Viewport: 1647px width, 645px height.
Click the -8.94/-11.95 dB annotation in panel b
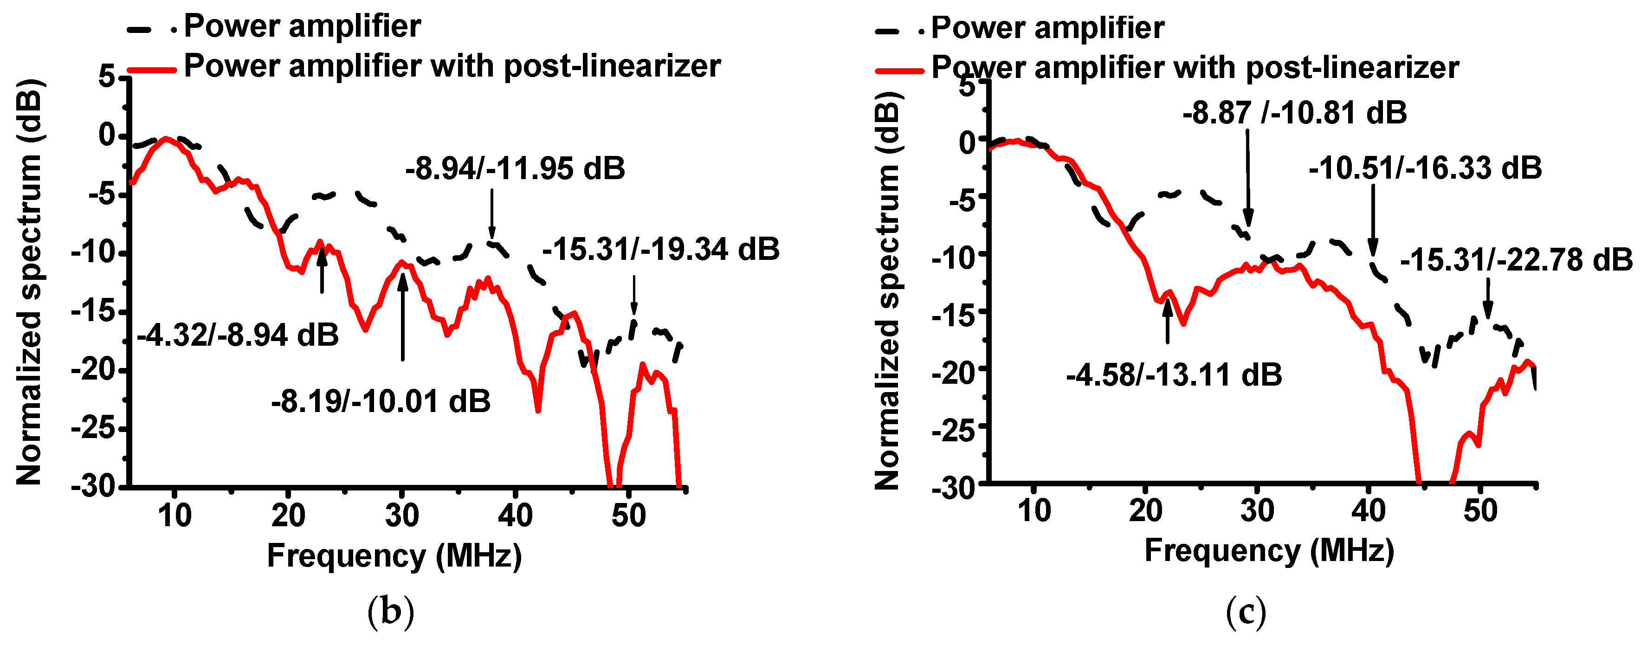(515, 169)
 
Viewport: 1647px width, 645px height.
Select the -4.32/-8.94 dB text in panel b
(238, 335)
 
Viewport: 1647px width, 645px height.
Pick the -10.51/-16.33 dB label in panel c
(1425, 168)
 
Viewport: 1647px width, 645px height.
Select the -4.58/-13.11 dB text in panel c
(1174, 374)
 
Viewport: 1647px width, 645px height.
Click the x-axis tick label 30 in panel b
(401, 515)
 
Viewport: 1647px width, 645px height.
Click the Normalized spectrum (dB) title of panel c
(887, 291)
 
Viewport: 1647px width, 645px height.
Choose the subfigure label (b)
(391, 612)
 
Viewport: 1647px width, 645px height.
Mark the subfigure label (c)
(1246, 612)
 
